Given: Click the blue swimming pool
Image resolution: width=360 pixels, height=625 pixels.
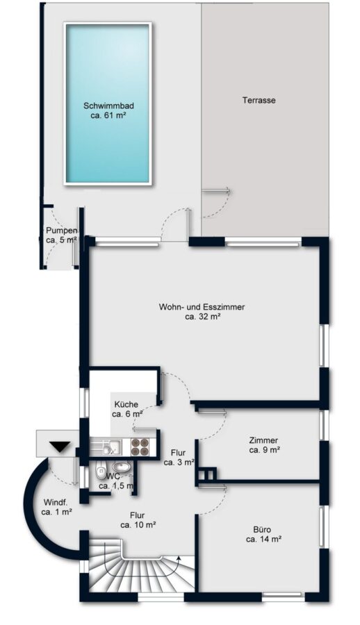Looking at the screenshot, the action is click(x=108, y=103).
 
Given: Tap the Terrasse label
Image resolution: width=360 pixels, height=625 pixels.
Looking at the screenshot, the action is click(x=259, y=101).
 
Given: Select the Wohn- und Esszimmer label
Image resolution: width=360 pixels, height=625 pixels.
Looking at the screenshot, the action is click(x=202, y=312).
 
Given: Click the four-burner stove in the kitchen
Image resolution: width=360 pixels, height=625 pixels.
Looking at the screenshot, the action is click(x=140, y=447).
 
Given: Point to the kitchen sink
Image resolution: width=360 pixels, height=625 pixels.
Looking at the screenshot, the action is click(x=110, y=447).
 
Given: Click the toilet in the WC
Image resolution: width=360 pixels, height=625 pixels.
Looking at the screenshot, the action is click(x=100, y=470).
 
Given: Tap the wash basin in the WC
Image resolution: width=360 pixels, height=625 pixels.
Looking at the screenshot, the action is click(x=122, y=467).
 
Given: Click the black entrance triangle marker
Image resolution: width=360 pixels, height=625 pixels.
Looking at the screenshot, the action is click(x=60, y=447).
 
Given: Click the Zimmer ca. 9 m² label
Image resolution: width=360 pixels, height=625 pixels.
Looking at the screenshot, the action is click(x=264, y=445).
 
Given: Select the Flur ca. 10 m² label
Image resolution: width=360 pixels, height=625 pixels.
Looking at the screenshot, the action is click(x=138, y=520).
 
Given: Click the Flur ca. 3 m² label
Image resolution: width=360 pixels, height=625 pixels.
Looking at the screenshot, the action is click(x=179, y=457).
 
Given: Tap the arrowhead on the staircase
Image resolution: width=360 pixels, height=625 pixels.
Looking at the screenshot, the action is click(x=178, y=558).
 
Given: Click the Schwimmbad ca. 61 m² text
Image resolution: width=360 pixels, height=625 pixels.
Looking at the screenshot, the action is click(x=108, y=111).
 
